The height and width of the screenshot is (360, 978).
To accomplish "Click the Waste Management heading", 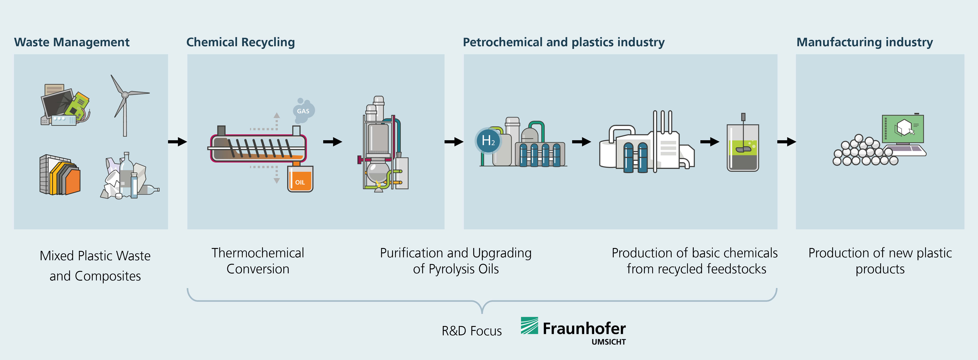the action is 72,42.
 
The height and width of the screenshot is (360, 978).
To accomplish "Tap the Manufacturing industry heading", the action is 864,42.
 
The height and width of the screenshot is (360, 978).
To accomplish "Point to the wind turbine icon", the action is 127,105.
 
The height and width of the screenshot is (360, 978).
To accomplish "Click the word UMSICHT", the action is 609,342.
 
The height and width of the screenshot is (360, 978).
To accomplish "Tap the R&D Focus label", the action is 471,331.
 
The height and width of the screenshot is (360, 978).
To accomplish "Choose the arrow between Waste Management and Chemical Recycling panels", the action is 178,142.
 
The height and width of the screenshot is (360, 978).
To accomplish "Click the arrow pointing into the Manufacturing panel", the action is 787,142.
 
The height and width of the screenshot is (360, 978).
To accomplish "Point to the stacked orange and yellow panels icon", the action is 60,175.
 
